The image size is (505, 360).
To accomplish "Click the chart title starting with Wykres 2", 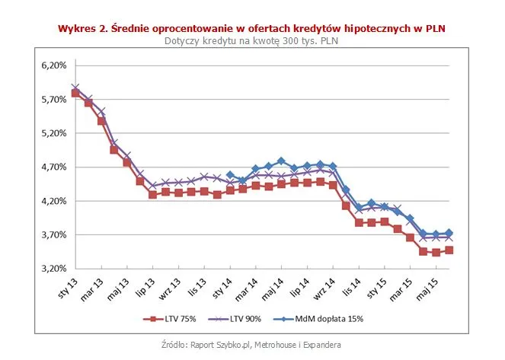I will (252, 28).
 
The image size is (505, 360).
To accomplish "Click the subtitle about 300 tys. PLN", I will (252, 40).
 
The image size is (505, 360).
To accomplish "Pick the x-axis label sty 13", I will (68, 288).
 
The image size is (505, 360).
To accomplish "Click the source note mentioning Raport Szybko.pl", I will (252, 345).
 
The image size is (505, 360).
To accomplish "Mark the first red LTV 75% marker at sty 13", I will (75, 93).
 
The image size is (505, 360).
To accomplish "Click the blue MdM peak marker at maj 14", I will (281, 161).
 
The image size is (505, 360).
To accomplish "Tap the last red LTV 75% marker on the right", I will (449, 250).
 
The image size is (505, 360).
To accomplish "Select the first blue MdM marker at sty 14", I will (230, 175).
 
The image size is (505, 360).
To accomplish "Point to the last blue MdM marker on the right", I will (449, 233).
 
